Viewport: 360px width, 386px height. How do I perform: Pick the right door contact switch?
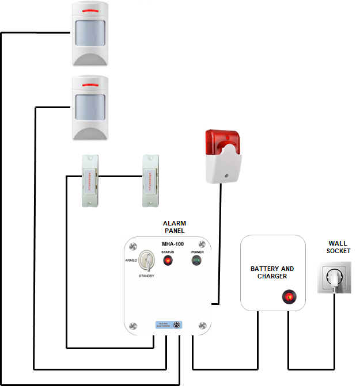click(x=151, y=180)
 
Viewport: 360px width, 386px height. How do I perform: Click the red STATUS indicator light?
click(x=168, y=261)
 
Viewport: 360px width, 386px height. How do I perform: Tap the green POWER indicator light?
click(x=197, y=261)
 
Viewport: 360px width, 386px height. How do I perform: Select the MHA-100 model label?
click(x=173, y=244)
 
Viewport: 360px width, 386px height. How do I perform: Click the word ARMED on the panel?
click(x=131, y=261)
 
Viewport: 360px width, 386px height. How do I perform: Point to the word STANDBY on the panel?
click(x=147, y=277)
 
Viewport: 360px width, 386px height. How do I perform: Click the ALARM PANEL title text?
click(x=175, y=227)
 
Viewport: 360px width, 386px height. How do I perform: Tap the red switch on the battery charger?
click(x=288, y=297)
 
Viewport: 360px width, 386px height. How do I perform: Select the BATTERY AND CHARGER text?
click(x=272, y=273)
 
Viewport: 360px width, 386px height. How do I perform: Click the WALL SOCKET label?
click(x=338, y=247)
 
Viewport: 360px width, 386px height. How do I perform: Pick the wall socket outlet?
click(x=334, y=277)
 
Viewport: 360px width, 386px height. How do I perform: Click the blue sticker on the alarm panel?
click(x=169, y=324)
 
